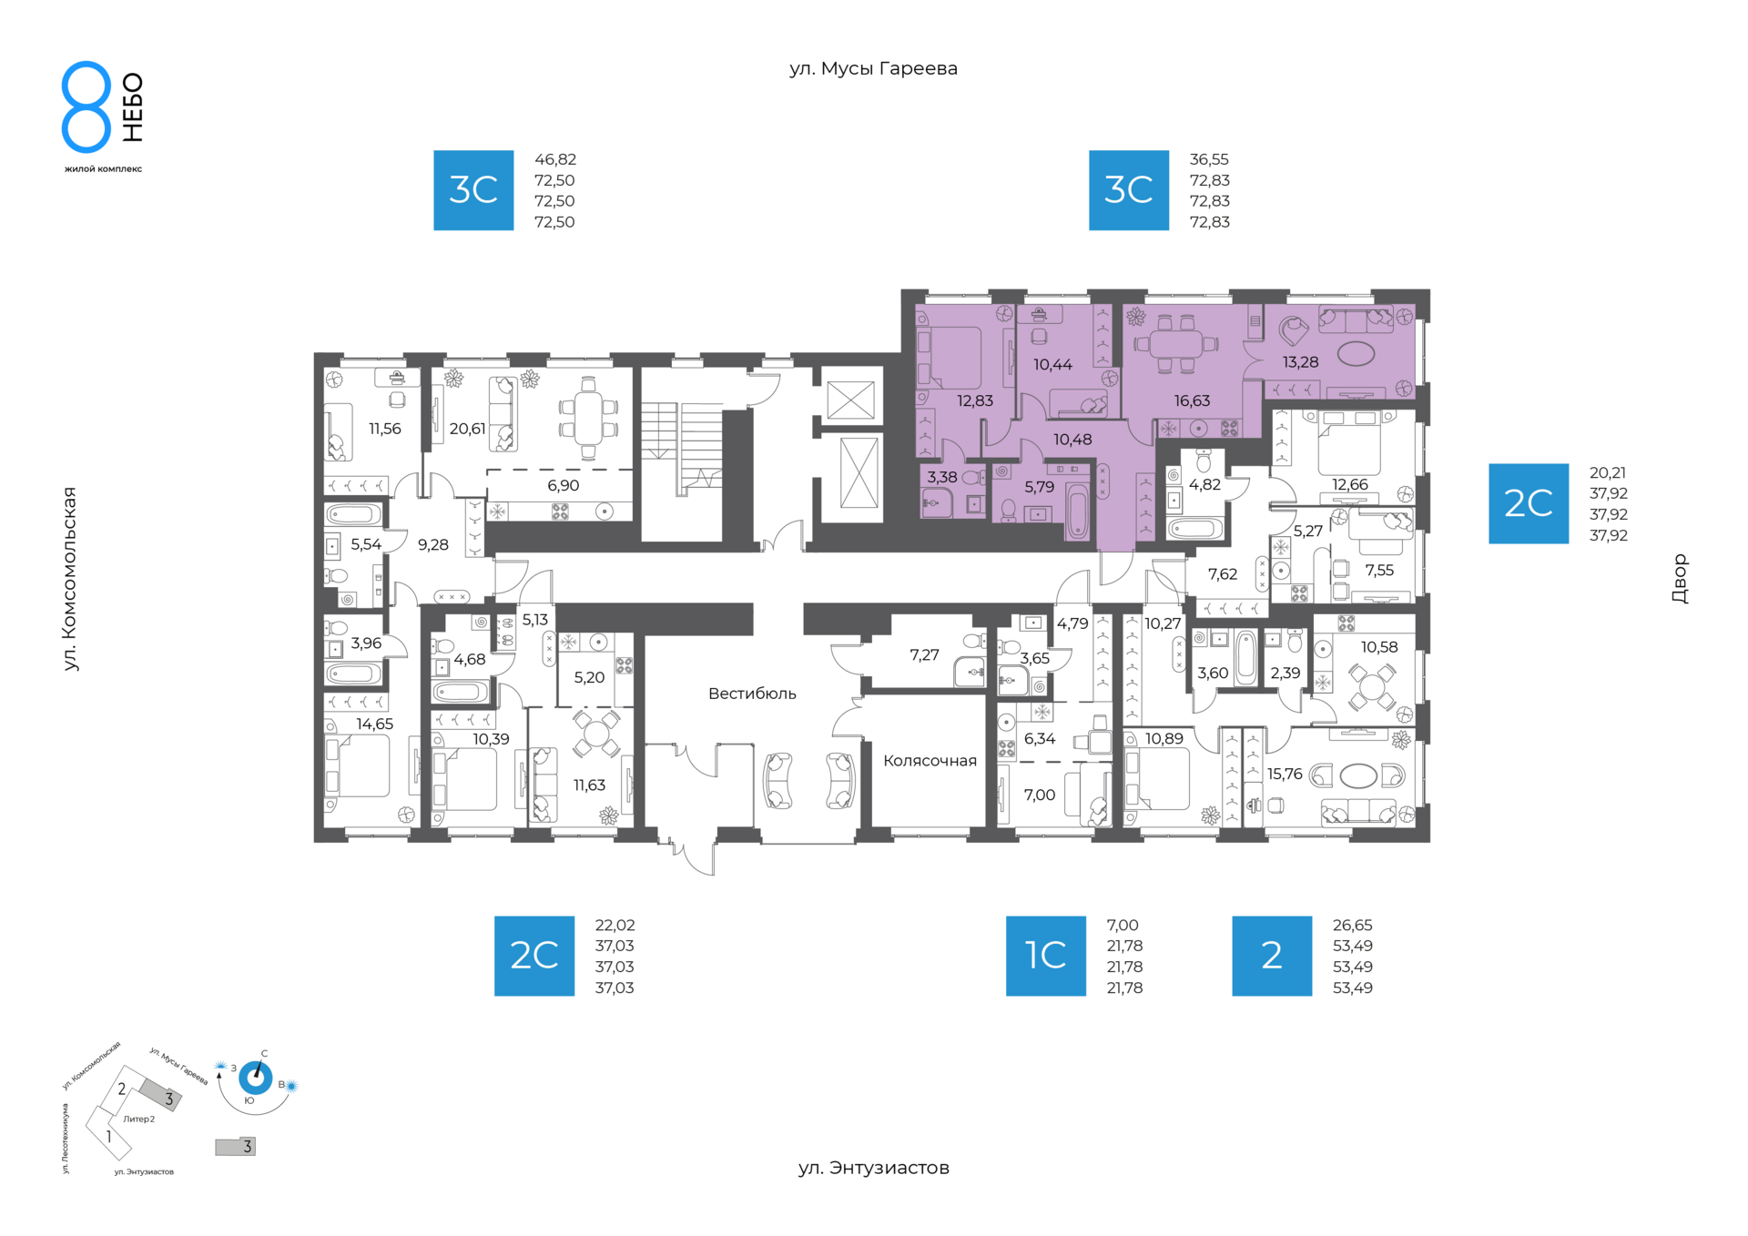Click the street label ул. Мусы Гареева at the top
click(873, 69)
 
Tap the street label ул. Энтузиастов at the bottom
click(873, 1168)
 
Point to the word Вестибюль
click(752, 694)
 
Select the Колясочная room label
click(930, 761)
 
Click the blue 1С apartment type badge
click(1045, 956)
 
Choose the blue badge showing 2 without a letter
click(1272, 956)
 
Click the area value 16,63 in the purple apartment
click(1192, 401)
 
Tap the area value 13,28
click(1300, 362)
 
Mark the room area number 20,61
click(467, 429)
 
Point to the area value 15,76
click(1285, 775)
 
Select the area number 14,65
click(374, 724)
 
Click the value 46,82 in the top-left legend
click(555, 159)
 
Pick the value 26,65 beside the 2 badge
click(1352, 926)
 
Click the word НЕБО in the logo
click(133, 107)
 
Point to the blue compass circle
click(255, 1079)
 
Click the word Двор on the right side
click(1680, 579)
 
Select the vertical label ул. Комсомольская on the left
click(70, 579)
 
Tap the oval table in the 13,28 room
click(1356, 353)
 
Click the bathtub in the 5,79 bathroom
click(1077, 513)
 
